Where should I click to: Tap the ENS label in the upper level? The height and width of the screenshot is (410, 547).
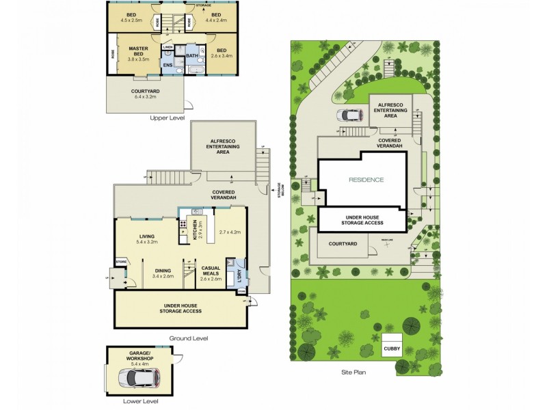click(x=168, y=64)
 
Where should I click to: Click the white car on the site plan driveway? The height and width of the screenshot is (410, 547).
click(x=349, y=115)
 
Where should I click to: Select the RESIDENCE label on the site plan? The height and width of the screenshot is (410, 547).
click(x=366, y=180)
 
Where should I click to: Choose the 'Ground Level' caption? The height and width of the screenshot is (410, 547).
click(x=188, y=338)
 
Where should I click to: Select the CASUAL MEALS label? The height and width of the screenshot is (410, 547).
click(x=210, y=271)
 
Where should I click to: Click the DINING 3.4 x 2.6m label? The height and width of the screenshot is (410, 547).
click(x=163, y=273)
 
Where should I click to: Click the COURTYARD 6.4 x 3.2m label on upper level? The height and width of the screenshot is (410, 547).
click(x=145, y=94)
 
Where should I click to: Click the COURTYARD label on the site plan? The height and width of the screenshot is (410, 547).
click(x=341, y=243)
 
